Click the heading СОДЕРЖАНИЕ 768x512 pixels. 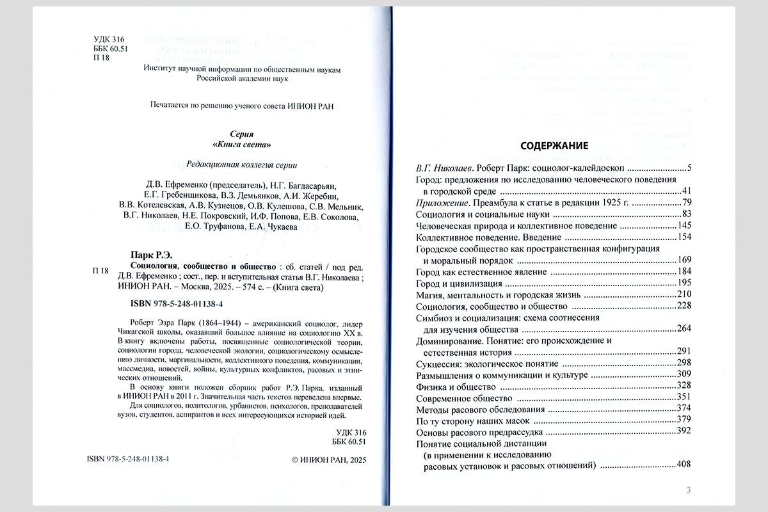click(x=554, y=145)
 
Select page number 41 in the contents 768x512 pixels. click(x=687, y=191)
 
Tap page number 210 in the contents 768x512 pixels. click(x=684, y=294)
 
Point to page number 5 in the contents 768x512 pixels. click(x=689, y=168)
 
